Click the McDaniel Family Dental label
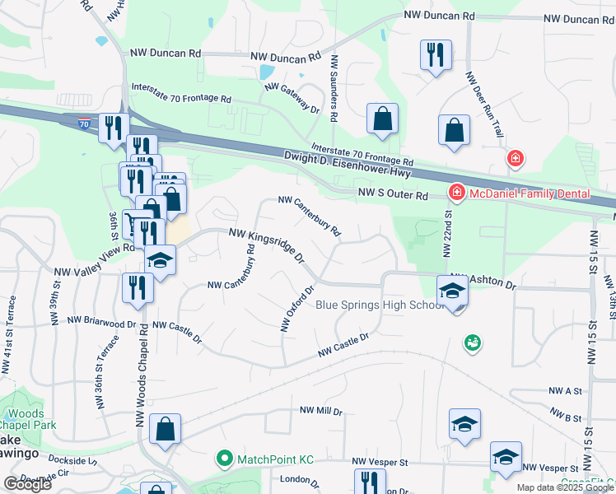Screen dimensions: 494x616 click(530, 193)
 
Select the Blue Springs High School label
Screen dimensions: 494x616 click(380, 305)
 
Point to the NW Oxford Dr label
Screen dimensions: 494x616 click(297, 309)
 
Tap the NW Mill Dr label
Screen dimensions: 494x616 click(321, 410)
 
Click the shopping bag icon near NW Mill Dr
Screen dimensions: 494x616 click(166, 428)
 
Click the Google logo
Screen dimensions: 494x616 click(27, 483)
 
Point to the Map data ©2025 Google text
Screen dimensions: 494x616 click(565, 487)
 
